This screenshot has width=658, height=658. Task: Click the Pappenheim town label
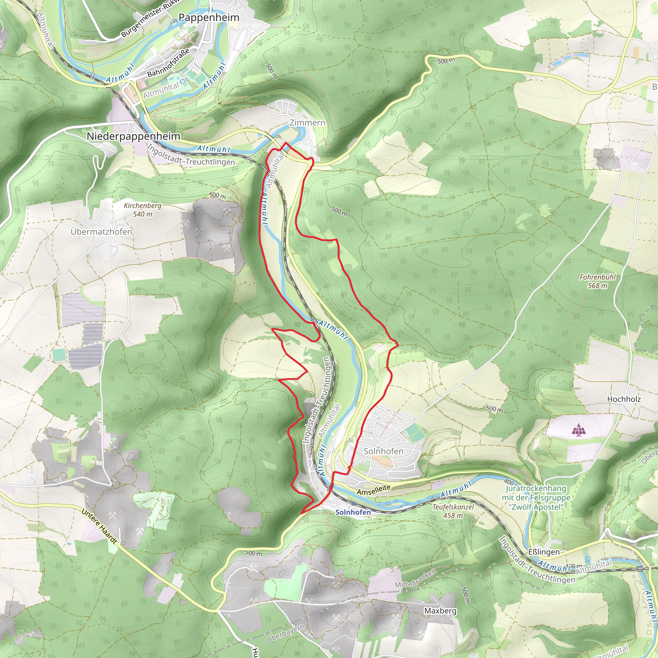tap(209, 17)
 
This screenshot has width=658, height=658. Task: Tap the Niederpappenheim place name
tap(134, 136)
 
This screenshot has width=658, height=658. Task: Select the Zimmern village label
tap(307, 123)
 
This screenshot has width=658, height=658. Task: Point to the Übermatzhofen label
tap(102, 232)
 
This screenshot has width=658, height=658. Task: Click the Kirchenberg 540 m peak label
tap(142, 210)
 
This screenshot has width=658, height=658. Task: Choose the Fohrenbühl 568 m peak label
tap(598, 281)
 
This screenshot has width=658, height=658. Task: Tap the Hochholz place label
tap(624, 399)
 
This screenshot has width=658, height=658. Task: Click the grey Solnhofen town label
tap(384, 451)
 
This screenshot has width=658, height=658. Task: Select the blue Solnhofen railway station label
tap(353, 512)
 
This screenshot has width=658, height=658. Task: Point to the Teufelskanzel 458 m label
tap(453, 511)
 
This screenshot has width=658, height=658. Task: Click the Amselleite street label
tap(374, 490)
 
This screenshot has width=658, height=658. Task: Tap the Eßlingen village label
tap(544, 552)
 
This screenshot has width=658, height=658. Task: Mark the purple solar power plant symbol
tap(578, 430)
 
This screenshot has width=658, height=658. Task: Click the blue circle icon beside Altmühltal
tap(183, 82)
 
